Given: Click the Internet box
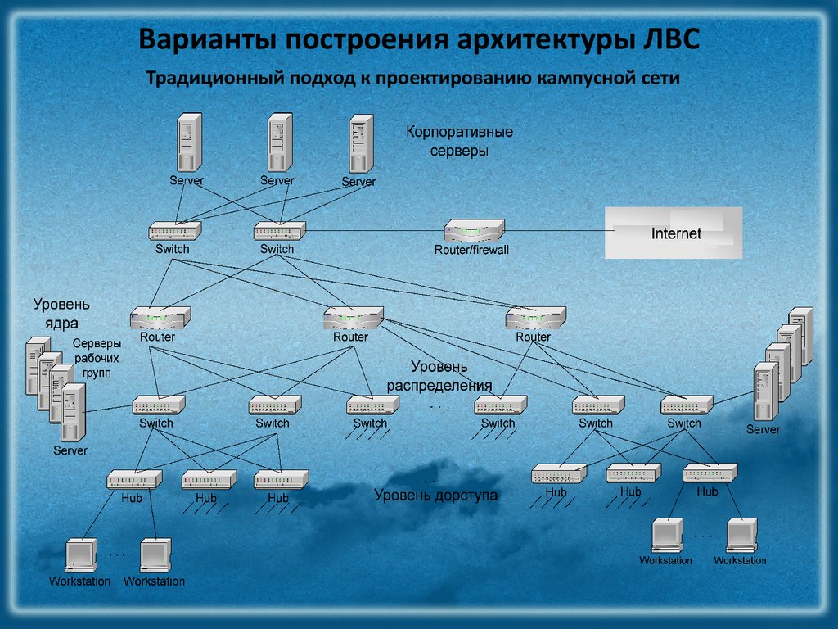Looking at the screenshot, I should [673, 233].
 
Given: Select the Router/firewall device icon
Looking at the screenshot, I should [475, 230].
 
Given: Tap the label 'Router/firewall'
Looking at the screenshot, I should [471, 249].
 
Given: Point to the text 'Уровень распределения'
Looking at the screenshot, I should [439, 375].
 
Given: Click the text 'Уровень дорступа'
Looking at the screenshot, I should [435, 496].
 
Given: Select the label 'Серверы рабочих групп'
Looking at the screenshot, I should [97, 358].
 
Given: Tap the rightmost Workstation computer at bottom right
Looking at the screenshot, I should [741, 536].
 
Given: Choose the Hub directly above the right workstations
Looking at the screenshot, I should [709, 473].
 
